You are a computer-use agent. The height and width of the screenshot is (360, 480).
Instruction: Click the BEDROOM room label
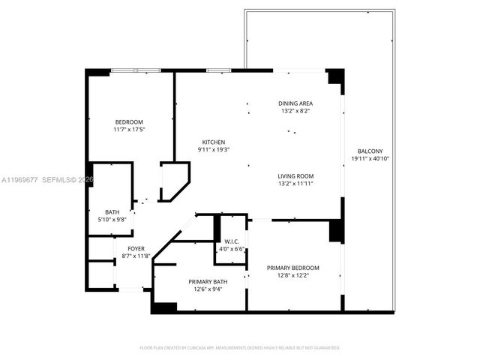128,122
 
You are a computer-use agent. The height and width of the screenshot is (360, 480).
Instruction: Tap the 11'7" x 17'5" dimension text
128,130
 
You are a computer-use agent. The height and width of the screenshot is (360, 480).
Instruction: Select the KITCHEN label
213,142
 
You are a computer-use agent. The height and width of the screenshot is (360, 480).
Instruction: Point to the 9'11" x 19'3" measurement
213,150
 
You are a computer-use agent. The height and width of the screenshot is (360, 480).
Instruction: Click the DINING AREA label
295,103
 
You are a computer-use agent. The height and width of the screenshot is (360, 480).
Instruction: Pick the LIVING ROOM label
295,176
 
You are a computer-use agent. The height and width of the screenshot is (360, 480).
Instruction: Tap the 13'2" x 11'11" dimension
295,184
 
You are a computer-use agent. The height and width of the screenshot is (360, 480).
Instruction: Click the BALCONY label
371,150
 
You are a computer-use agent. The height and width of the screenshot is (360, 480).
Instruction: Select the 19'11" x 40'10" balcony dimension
371,158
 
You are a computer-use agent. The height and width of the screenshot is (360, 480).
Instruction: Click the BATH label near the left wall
112,211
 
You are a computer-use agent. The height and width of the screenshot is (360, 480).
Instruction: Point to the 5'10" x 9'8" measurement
112,219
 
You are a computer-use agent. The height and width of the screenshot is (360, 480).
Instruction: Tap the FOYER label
136,248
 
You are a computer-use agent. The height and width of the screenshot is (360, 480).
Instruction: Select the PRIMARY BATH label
208,282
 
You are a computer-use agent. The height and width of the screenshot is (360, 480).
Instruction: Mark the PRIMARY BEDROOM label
294,268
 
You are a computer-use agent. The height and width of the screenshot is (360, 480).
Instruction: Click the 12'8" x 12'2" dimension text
294,275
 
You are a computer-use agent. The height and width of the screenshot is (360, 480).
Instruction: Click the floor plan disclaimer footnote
240,348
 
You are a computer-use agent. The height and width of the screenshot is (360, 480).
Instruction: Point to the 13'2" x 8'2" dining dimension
295,111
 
